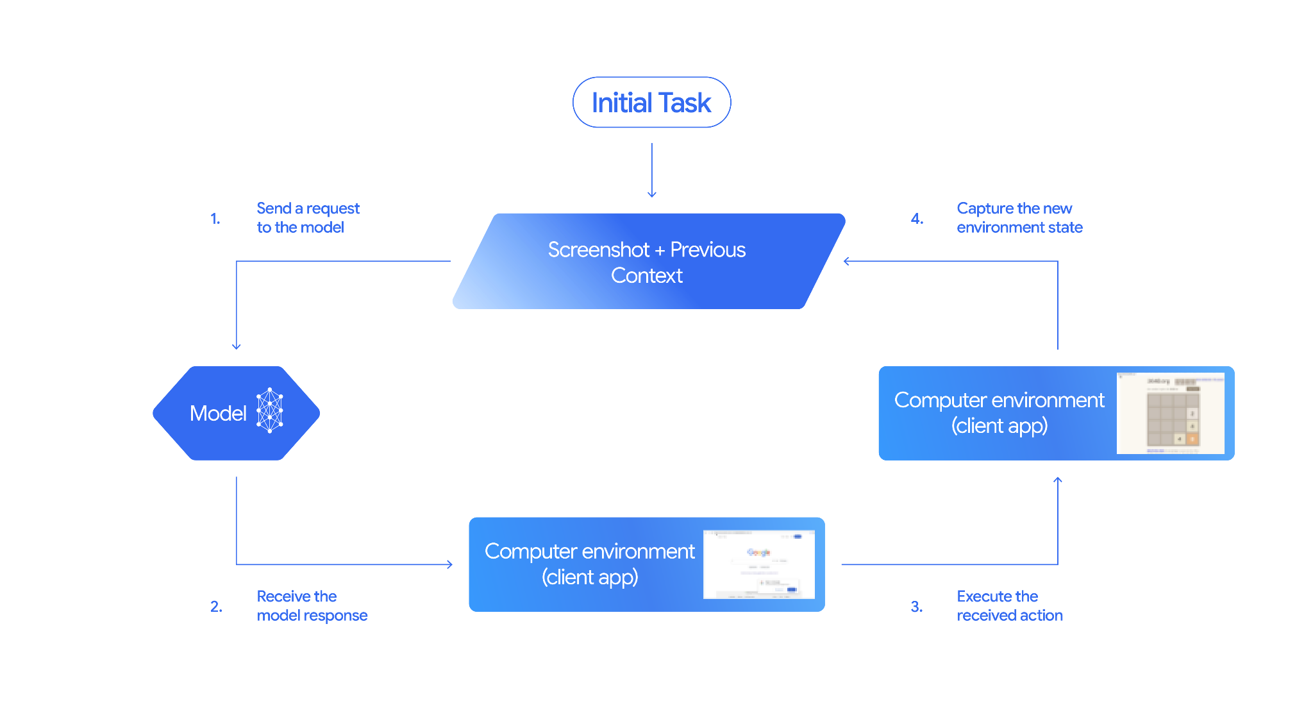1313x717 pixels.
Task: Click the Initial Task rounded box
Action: click(651, 103)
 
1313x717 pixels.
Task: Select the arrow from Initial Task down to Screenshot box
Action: click(651, 170)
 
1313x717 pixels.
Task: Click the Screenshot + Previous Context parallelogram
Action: click(648, 261)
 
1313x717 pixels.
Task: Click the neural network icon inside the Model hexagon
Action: click(270, 410)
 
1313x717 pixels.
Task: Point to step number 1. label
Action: click(215, 219)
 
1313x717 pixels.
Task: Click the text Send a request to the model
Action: click(307, 218)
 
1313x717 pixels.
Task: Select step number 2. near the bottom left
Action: click(216, 607)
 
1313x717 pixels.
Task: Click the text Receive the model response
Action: click(312, 606)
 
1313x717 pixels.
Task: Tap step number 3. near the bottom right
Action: click(917, 607)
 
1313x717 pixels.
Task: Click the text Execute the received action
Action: click(1009, 606)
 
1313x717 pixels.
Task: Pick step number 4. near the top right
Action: click(917, 219)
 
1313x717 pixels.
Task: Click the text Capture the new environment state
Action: click(1019, 218)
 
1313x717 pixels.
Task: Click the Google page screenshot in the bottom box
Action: click(758, 564)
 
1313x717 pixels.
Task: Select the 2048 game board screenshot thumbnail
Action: click(1170, 414)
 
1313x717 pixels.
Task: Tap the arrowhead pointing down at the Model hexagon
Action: click(237, 346)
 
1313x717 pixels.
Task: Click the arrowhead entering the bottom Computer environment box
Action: click(449, 564)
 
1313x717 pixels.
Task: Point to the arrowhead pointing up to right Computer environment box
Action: click(1058, 480)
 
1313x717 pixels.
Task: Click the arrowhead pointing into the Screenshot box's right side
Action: click(847, 261)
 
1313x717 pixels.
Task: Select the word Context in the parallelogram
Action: click(646, 276)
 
